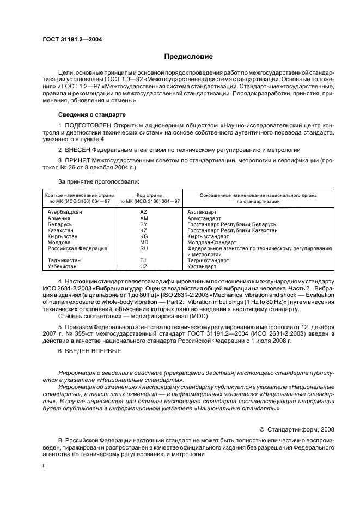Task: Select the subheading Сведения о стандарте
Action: click(91, 115)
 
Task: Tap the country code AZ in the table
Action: click(144, 211)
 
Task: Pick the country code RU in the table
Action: click(144, 248)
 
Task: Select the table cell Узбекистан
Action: click(64, 266)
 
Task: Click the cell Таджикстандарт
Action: click(208, 260)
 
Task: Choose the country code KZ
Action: click(144, 229)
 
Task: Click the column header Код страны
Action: click(144, 195)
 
